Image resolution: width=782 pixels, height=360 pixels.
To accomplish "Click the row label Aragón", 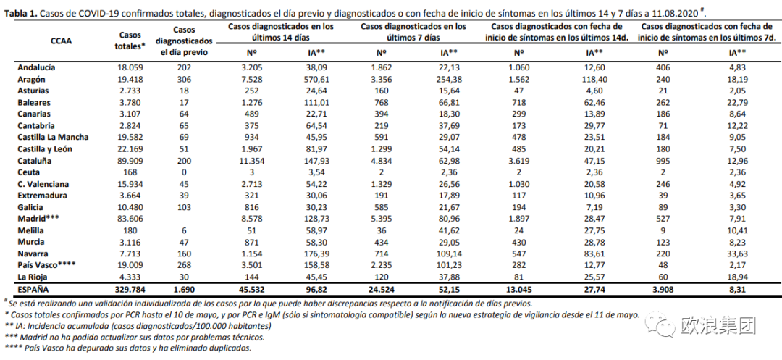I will coord(31,79).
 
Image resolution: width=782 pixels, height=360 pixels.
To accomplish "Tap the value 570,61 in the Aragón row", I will coord(316,79).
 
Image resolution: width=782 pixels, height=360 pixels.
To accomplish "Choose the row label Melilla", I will coord(30,230).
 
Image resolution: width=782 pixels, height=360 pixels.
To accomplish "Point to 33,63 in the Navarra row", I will coord(737,254).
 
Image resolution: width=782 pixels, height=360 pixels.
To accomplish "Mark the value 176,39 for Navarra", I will coord(316,254).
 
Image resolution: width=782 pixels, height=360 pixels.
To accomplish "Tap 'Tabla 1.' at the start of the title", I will coord(20,13).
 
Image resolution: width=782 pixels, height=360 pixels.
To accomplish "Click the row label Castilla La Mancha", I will coord(53,138).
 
